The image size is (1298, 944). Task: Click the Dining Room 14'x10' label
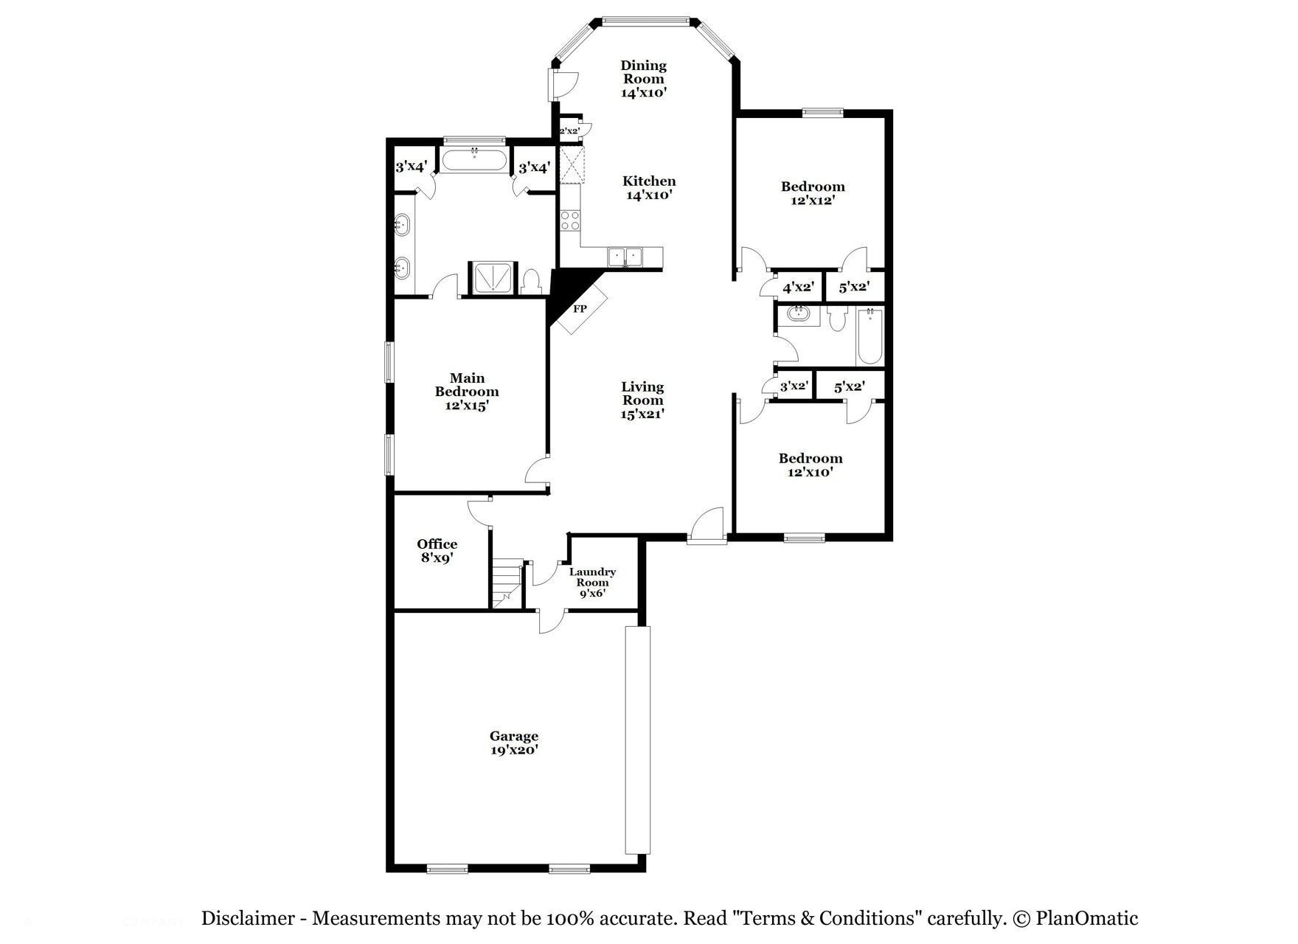coord(643,79)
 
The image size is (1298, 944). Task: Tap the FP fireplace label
coord(580,309)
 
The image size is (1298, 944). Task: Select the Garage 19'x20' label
coord(514,743)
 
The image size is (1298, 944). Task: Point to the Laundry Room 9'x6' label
coord(592,582)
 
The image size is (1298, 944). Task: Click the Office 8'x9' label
coord(437,551)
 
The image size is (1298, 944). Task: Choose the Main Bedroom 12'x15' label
coord(467,392)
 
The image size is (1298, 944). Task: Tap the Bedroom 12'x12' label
coord(813,193)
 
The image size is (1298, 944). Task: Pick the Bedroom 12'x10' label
coord(810,465)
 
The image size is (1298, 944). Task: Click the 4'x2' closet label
coord(798,287)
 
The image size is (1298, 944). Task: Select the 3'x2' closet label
coord(794,386)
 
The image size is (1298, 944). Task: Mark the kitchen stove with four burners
coord(570,220)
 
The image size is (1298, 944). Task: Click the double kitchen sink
coord(625,257)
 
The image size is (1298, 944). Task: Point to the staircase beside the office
coord(507,583)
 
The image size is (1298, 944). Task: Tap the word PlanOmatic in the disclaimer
coord(1086,919)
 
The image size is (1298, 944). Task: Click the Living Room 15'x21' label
coord(642,400)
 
